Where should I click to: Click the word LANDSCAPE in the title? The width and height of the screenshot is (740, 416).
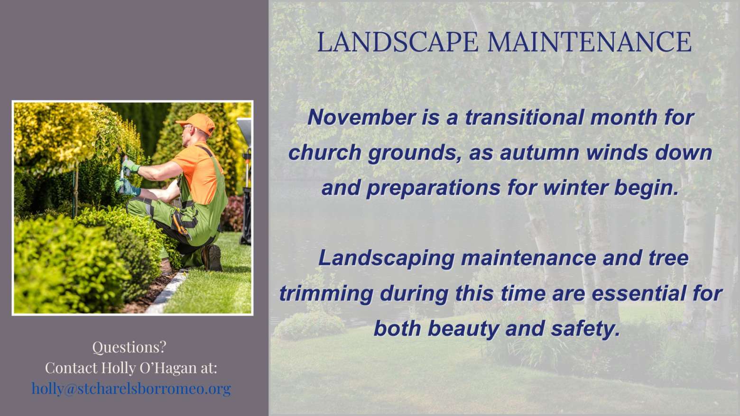point(398,42)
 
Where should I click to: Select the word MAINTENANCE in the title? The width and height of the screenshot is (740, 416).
point(589,42)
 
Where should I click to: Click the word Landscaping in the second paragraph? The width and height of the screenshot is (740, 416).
point(387,258)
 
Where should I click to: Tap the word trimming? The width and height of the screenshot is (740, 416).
point(327,294)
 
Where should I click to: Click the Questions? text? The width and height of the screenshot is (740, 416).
point(129,347)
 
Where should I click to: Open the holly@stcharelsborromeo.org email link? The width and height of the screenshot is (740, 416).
point(131,389)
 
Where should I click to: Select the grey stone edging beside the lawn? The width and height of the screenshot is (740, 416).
point(167,292)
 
